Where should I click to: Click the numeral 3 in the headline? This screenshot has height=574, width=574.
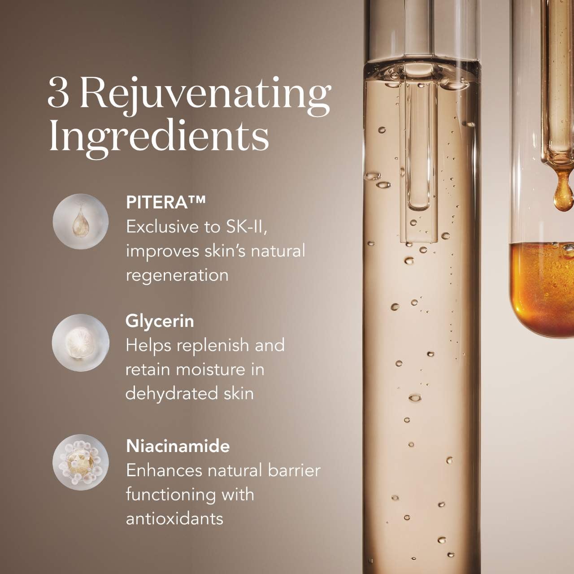(x=58, y=93)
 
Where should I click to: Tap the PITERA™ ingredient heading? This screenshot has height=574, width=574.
(x=165, y=202)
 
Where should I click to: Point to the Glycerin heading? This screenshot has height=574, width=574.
(x=160, y=322)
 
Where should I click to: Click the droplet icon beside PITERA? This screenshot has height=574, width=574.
(x=80, y=222)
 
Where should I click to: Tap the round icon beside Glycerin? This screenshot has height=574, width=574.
(x=80, y=343)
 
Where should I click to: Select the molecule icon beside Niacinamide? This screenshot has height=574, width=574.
(x=80, y=462)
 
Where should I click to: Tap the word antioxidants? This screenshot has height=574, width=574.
(x=174, y=519)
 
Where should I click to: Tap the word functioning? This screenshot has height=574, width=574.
(x=171, y=496)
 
